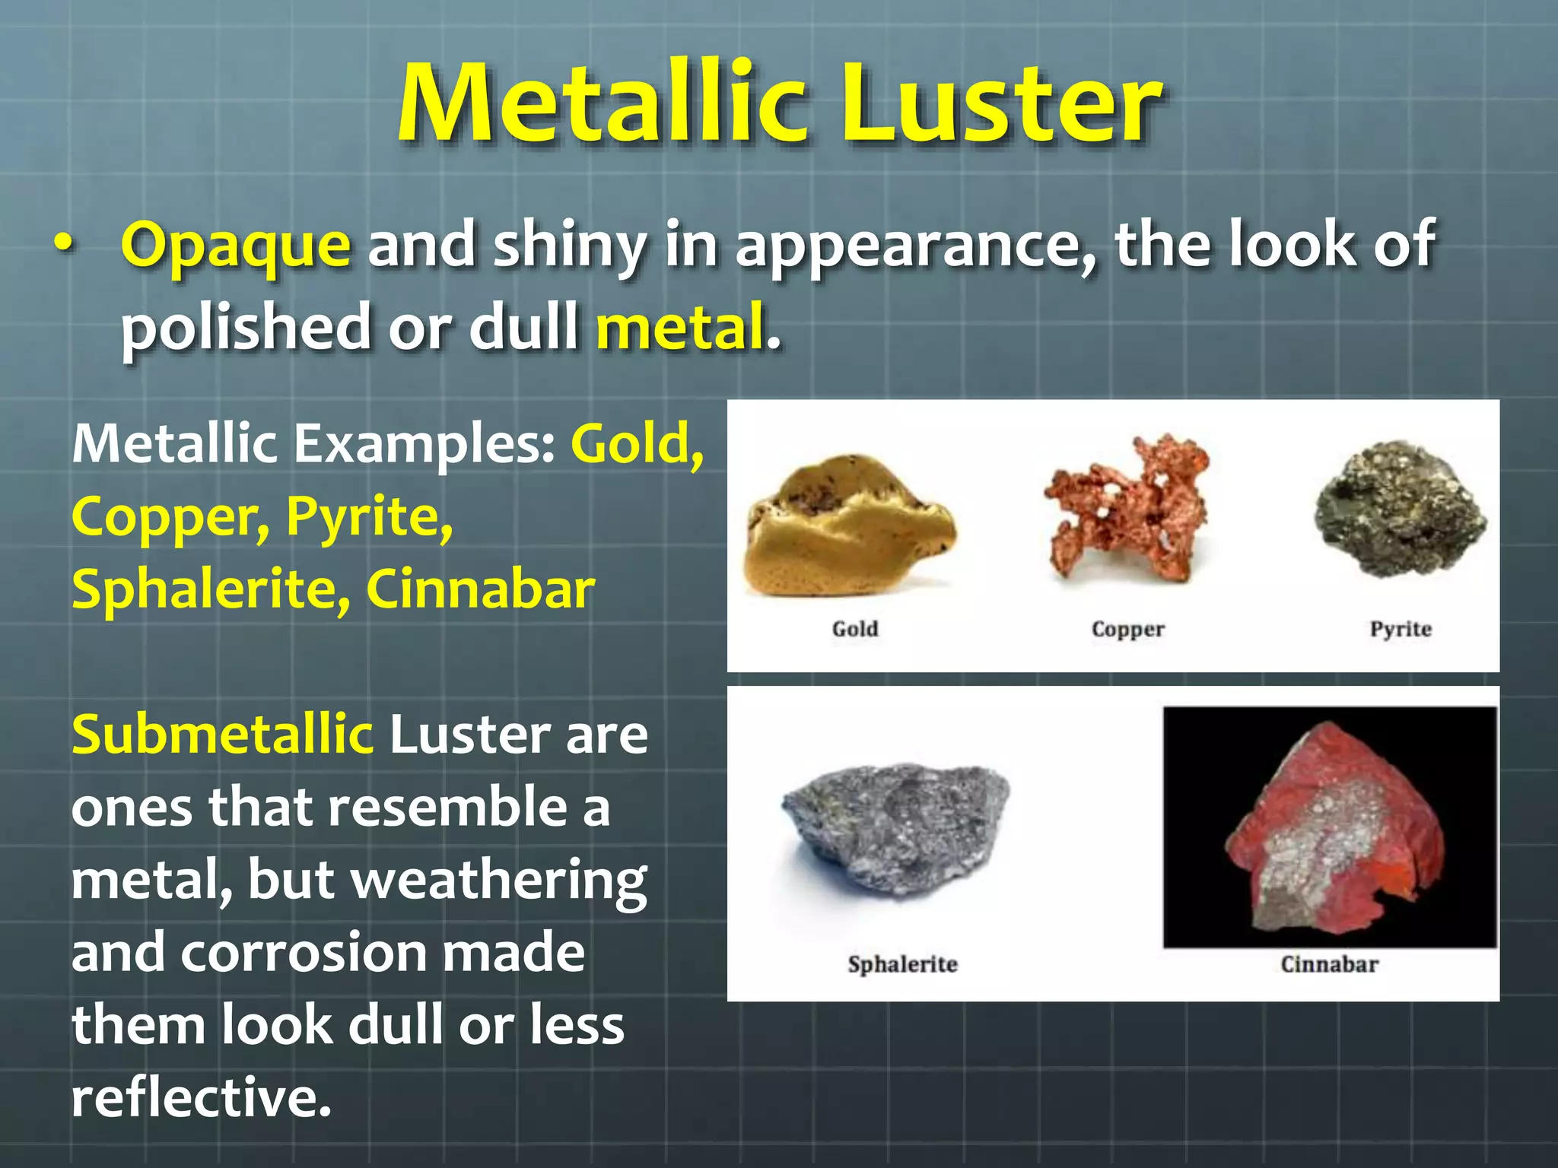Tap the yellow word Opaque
point(236,246)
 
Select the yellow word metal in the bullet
point(679,328)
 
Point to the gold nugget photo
point(851,525)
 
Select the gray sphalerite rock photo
point(895,829)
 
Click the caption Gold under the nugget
point(855,629)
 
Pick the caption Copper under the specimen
point(1127,630)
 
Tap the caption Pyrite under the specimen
point(1401,629)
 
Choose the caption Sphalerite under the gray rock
point(902,964)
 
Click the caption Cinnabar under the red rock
point(1329,964)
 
